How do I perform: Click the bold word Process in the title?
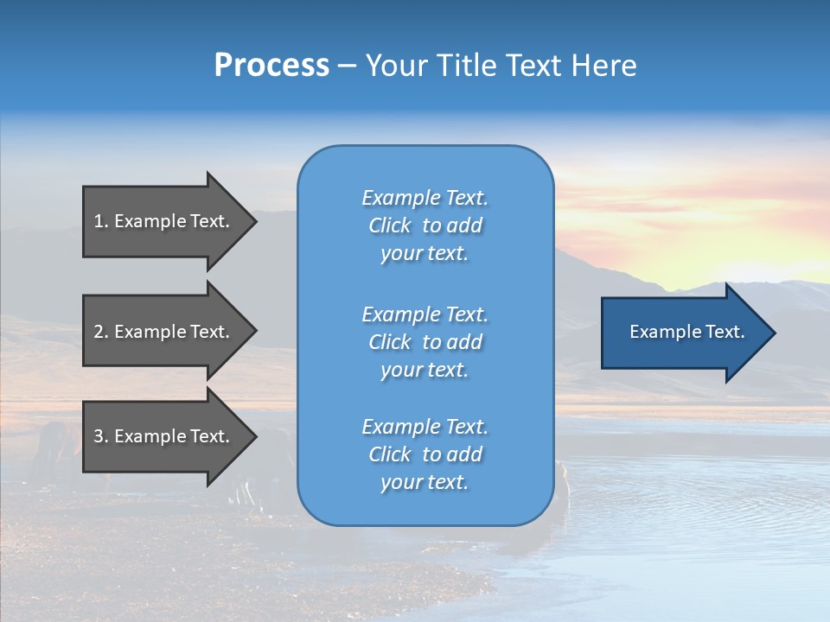(271, 66)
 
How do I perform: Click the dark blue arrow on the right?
(683, 332)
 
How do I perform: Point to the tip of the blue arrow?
(773, 333)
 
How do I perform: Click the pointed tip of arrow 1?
(254, 221)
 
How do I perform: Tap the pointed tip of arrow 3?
(254, 436)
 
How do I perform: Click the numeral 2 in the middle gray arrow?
(99, 332)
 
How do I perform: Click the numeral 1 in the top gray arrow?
(99, 221)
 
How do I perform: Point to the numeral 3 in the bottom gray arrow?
(99, 436)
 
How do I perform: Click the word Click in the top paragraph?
(390, 225)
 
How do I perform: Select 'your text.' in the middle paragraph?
(425, 370)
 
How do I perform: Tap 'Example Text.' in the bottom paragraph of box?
(425, 427)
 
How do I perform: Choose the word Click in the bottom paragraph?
(390, 454)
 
